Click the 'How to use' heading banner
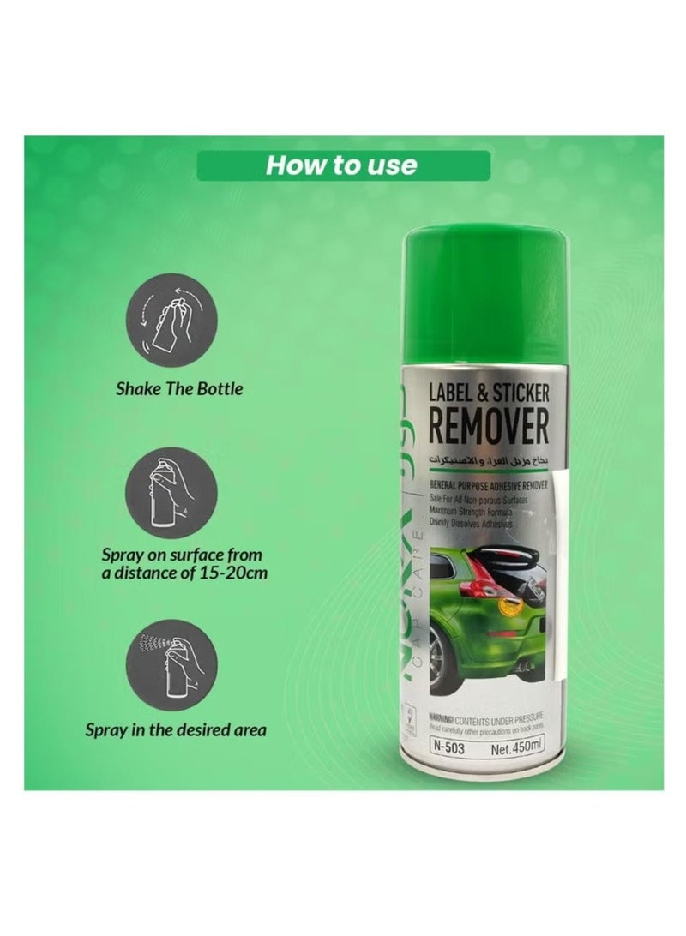(x=343, y=165)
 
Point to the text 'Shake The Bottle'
(x=179, y=388)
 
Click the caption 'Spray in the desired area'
(x=175, y=731)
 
